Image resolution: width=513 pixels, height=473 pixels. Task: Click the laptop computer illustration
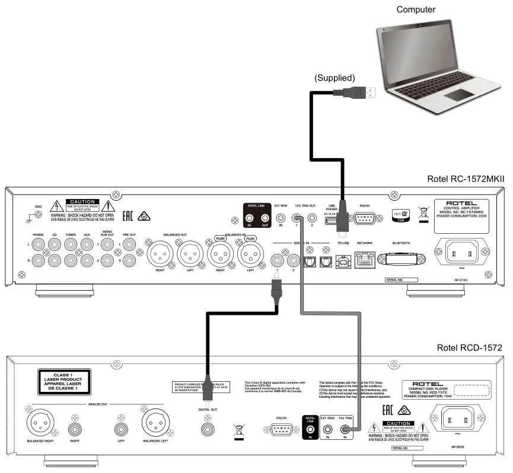(436, 65)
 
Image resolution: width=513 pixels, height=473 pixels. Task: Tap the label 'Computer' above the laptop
(416, 9)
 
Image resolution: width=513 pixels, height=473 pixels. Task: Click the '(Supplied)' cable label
(334, 78)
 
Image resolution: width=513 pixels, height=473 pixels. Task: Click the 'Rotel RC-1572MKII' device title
(465, 179)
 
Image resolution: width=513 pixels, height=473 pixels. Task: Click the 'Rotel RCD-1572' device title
(470, 347)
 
